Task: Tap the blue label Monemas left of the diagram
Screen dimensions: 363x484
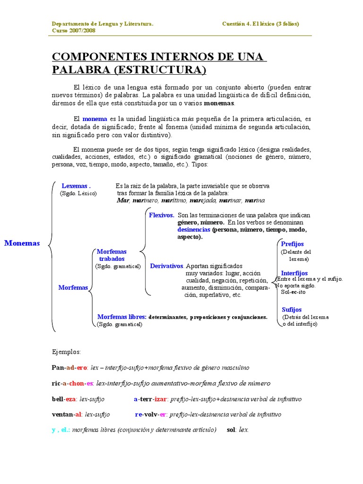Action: pos(22,243)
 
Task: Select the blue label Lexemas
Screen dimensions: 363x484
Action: pos(76,186)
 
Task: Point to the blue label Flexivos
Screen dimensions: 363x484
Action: pos(162,215)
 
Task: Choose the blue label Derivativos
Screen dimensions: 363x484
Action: pos(167,266)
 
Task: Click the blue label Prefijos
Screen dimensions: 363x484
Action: pos(292,244)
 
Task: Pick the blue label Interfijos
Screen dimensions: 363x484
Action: pos(294,273)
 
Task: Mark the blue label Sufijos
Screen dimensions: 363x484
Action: pos(292,310)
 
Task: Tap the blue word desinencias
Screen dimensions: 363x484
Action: pos(194,229)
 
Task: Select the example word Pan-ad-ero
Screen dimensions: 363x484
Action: pos(69,367)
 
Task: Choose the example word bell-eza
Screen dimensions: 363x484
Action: pos(64,399)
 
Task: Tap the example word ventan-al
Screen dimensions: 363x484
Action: pos(67,415)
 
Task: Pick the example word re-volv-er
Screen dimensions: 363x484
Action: pos(150,415)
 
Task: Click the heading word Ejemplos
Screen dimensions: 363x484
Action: pos(66,352)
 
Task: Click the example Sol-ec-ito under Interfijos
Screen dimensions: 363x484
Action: pos(293,292)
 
